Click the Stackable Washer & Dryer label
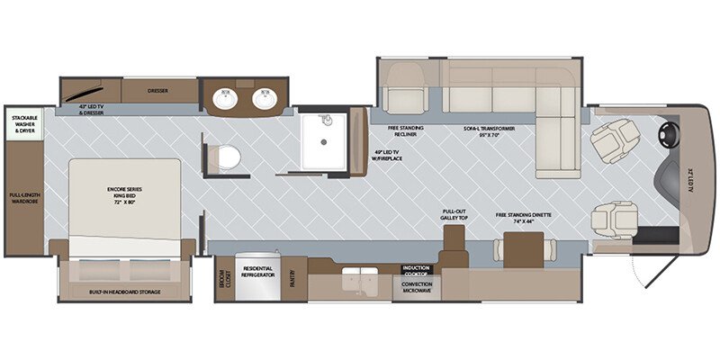tap(22, 123)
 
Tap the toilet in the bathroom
tap(228, 156)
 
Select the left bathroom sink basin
tap(225, 99)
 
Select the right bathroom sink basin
tap(264, 99)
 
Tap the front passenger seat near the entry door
tap(613, 219)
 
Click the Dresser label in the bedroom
tap(158, 90)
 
